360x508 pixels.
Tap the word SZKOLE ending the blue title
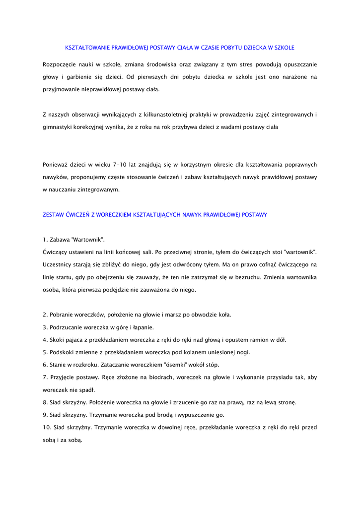[284, 48]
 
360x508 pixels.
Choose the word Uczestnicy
[59, 264]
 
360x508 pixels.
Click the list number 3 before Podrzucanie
[45, 327]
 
